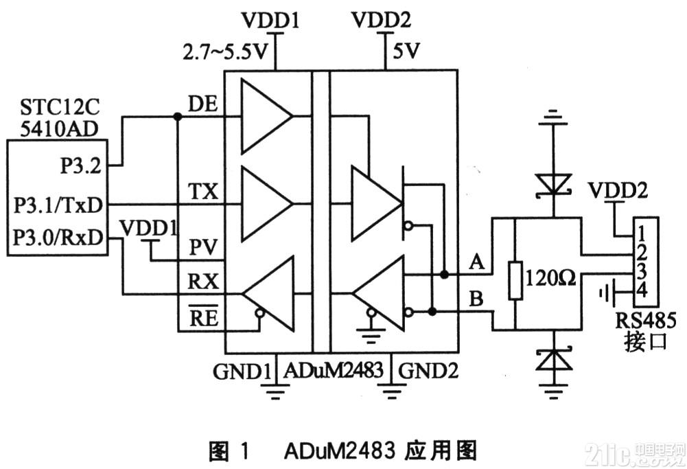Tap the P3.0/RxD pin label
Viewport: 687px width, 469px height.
(58, 238)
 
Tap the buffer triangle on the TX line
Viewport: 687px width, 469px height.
(267, 204)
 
